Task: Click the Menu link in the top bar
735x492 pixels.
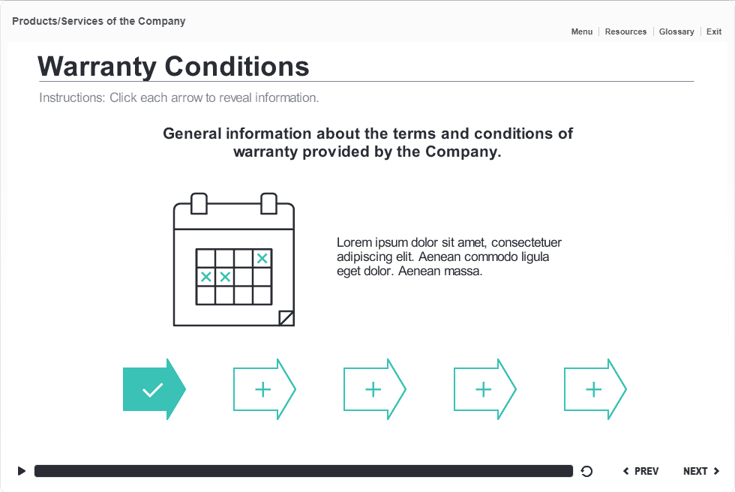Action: pyautogui.click(x=581, y=31)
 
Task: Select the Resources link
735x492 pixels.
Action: pyautogui.click(x=625, y=31)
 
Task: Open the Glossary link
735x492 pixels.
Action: pyautogui.click(x=676, y=31)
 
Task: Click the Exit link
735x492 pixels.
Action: pyautogui.click(x=714, y=31)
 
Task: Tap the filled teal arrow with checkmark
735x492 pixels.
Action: pyautogui.click(x=153, y=389)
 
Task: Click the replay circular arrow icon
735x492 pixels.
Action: pyautogui.click(x=587, y=471)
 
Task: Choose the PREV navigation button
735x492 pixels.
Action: pyautogui.click(x=641, y=471)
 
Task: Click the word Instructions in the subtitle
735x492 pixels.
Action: pyautogui.click(x=72, y=97)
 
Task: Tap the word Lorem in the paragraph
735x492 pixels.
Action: pyautogui.click(x=352, y=242)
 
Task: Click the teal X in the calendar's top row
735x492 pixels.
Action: pyautogui.click(x=262, y=258)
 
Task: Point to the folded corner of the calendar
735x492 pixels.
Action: pyautogui.click(x=286, y=318)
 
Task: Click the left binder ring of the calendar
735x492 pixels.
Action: pyautogui.click(x=199, y=203)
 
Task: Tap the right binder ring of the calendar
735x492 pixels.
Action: pyautogui.click(x=268, y=203)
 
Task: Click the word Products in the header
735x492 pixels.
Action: pyautogui.click(x=34, y=21)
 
